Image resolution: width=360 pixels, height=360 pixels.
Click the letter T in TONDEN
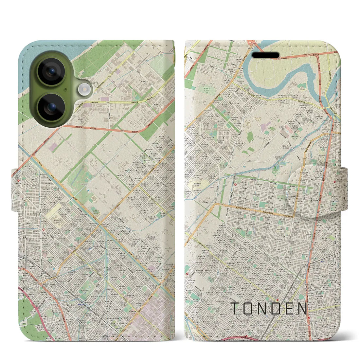pyautogui.click(x=235, y=309)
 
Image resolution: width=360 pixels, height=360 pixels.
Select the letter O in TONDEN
pyautogui.click(x=250, y=309)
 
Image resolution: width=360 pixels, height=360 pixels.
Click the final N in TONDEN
pyautogui.click(x=303, y=309)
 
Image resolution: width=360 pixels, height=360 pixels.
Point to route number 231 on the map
pyautogui.click(x=318, y=62)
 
